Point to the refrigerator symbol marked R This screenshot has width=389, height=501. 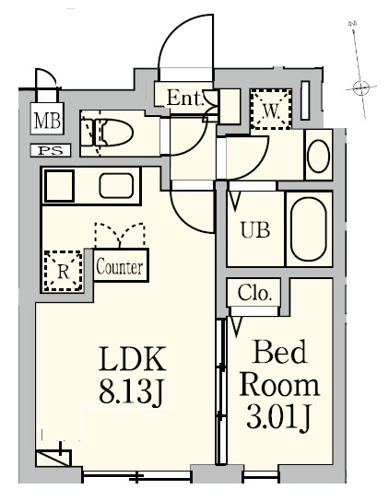coord(63,272)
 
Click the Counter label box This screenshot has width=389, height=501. coord(119,267)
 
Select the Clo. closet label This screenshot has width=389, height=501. coord(253,295)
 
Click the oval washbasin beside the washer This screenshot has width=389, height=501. coord(318,156)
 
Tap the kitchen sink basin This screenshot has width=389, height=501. coord(118,186)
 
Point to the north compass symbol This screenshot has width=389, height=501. coord(360,87)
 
